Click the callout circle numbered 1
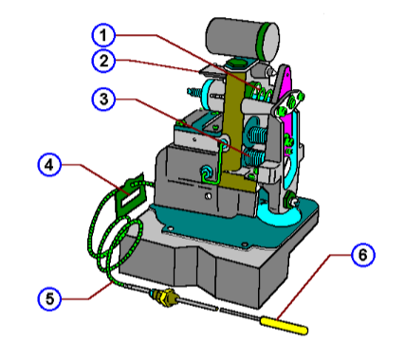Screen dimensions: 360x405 pos(104,35)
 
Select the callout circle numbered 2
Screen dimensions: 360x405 pos(104,62)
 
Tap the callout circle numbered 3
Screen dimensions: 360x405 pos(104,99)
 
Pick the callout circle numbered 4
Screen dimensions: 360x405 pos(49,165)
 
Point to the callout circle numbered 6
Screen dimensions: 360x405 pos(362,255)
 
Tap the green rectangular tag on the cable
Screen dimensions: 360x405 pos(127,193)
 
